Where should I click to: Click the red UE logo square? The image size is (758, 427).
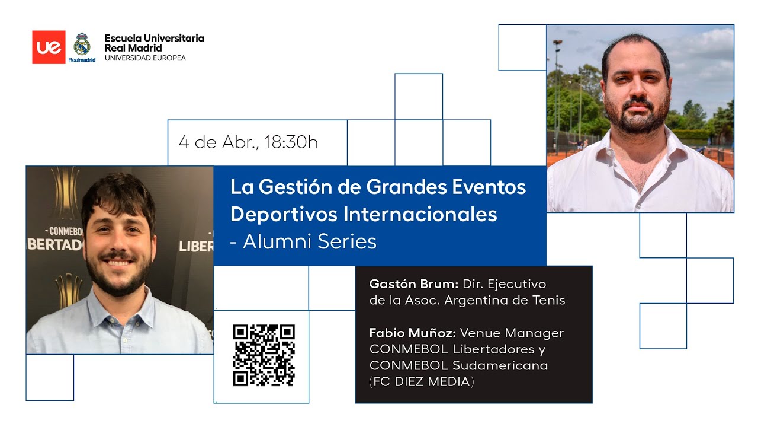[x=49, y=47]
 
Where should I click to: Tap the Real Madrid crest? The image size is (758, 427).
[x=82, y=45]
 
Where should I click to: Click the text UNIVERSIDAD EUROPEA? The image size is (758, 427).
[x=145, y=58]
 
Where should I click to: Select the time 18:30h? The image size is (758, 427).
[x=291, y=142]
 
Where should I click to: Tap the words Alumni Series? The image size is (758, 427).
[x=310, y=241]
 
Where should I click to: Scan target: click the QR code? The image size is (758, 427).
[x=264, y=355]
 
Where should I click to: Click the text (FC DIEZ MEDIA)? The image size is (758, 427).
[x=422, y=381]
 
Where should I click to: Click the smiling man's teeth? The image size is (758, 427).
[x=118, y=262]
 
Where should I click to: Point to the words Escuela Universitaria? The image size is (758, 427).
[x=154, y=38]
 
